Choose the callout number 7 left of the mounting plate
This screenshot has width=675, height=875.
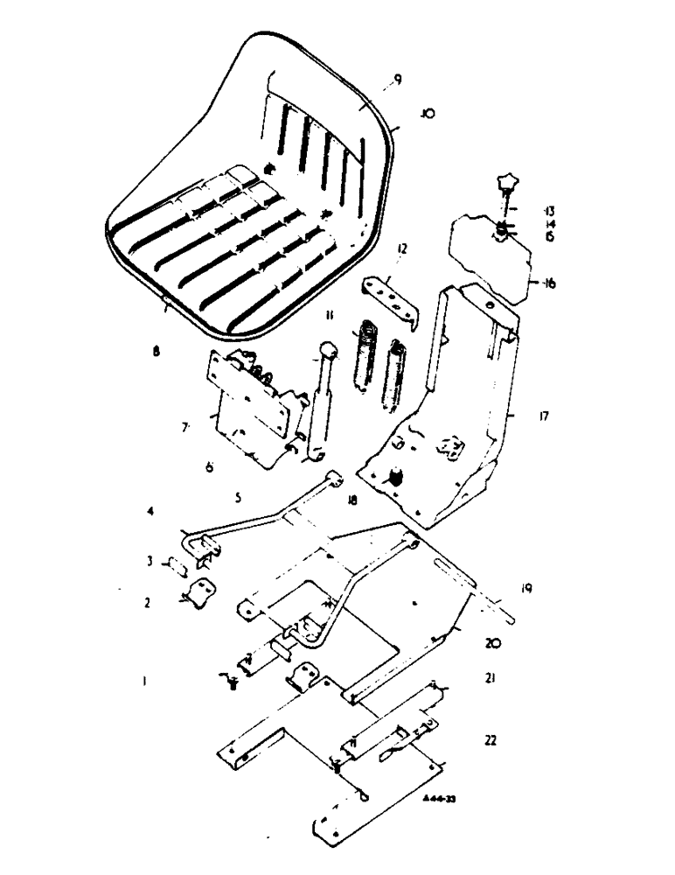(x=184, y=429)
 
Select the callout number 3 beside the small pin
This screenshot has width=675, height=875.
(x=149, y=562)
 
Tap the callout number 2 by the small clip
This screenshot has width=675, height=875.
(x=148, y=602)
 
